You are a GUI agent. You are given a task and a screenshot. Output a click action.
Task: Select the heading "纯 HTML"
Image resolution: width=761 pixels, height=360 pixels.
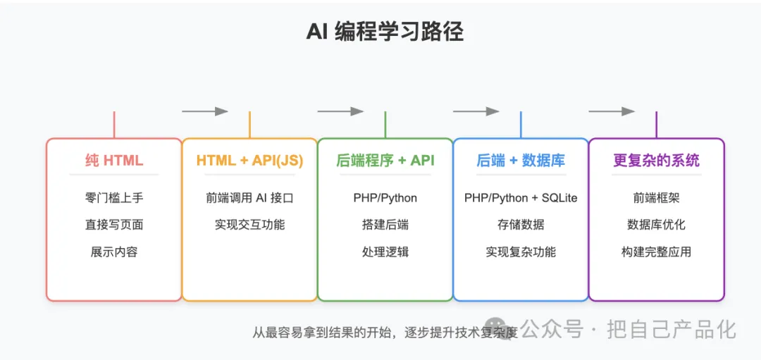114,161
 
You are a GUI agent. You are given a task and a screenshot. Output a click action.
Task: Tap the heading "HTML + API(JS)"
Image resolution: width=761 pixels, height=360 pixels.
249,161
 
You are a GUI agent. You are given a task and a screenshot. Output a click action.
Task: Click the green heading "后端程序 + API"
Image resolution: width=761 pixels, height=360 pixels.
385,161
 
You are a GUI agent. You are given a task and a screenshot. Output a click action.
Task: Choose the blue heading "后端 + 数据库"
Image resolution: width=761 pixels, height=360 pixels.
521,161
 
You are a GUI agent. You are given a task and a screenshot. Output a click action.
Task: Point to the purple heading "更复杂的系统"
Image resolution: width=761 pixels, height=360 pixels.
656,161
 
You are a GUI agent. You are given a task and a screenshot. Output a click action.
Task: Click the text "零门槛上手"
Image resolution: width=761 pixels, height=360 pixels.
114,198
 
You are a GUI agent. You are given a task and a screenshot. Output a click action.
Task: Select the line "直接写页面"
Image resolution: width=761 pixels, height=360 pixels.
114,225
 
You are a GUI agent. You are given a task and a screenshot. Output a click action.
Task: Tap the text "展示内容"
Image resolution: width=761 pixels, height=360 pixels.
114,252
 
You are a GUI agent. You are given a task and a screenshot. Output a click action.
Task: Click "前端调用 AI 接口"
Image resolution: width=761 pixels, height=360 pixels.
249,198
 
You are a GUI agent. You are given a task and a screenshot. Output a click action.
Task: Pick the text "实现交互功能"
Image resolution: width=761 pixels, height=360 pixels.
249,225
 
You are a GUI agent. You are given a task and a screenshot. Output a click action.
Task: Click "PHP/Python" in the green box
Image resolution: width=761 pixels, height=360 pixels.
385,198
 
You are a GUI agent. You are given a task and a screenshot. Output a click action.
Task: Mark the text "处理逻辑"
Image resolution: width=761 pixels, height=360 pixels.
385,252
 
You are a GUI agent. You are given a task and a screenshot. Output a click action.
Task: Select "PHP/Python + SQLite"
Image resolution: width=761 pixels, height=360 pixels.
521,198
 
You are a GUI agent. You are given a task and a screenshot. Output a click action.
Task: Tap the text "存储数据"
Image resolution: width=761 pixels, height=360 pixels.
521,225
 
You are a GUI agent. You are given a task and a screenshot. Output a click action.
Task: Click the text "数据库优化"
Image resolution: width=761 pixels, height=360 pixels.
656,225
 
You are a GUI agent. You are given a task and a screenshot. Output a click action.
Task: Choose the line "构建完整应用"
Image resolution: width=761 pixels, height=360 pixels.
656,252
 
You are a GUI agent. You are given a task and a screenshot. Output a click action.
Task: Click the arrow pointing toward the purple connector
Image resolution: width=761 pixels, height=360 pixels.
611,111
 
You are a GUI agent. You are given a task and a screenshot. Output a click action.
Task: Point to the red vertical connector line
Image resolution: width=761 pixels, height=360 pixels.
114,124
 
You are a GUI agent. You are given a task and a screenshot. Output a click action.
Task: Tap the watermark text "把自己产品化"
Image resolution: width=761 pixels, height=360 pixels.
672,329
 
